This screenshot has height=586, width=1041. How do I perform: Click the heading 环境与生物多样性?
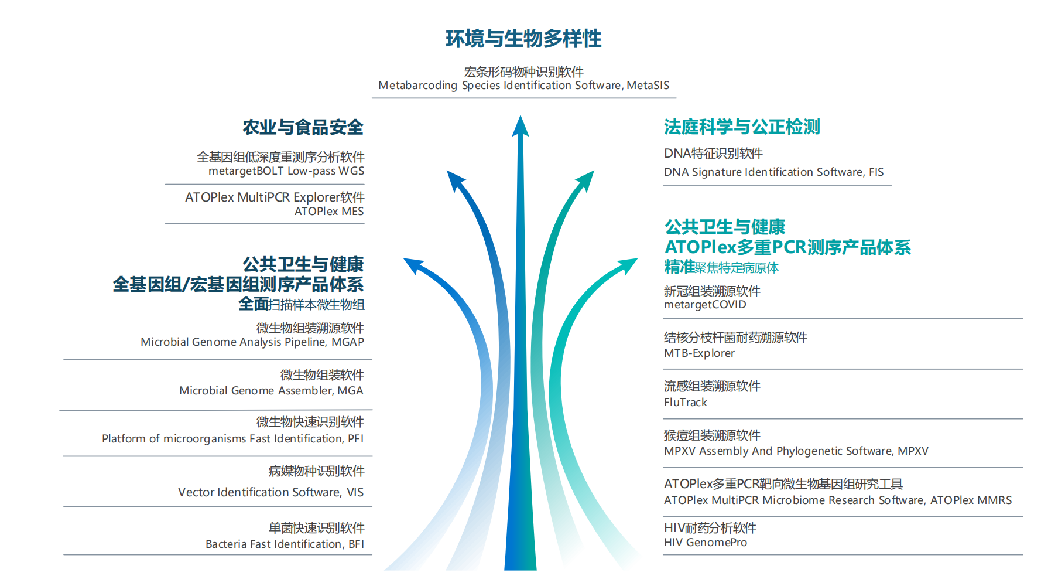523,39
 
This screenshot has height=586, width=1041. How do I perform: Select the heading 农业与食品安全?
303,127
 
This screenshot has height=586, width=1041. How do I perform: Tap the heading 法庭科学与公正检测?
742,127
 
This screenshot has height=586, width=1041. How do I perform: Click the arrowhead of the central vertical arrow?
520,126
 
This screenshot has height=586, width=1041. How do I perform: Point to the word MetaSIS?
648,86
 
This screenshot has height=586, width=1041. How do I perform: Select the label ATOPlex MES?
328,212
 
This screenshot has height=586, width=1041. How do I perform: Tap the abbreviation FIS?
876,172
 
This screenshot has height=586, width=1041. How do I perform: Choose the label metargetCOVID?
705,305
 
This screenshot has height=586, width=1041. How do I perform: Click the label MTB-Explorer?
699,353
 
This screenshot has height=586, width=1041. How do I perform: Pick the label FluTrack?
685,403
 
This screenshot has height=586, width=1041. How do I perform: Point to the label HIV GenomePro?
705,543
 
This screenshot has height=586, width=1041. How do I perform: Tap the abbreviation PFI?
355,439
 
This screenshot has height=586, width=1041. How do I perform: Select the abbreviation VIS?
355,492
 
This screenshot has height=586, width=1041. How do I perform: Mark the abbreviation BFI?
356,544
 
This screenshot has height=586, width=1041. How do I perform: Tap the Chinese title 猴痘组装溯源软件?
712,435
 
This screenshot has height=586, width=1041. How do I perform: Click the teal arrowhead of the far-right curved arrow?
629,265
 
